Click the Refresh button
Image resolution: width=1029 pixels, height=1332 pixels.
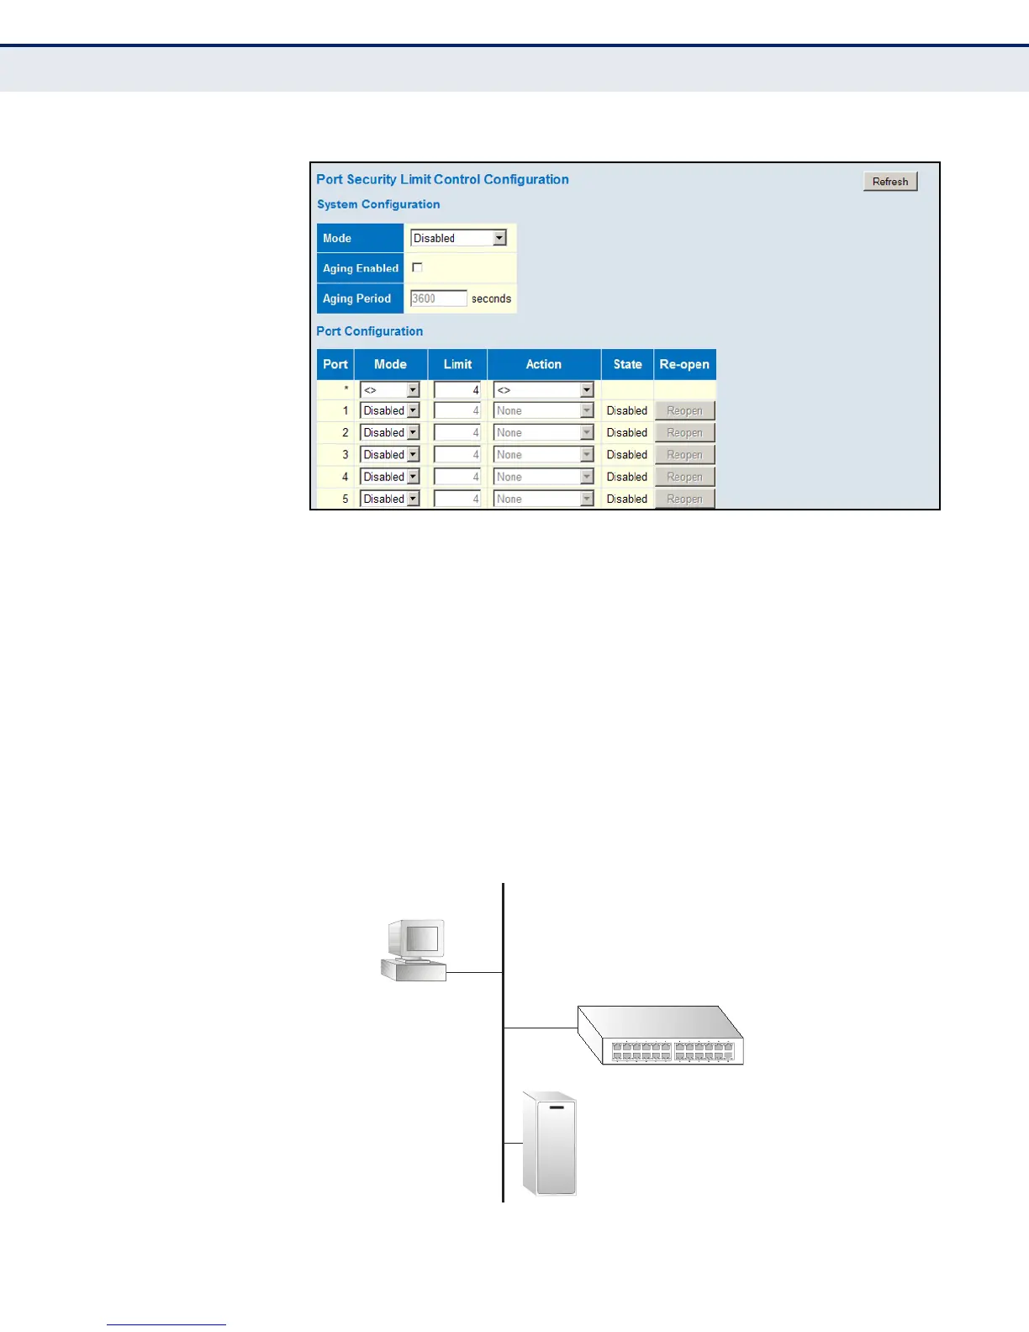coord(890,182)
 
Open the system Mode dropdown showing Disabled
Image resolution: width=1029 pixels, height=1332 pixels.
coord(458,238)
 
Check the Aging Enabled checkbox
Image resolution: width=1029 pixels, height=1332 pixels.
coord(417,267)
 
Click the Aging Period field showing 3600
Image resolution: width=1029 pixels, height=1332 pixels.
coord(438,299)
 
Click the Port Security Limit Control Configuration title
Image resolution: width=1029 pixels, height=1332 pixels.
coord(442,179)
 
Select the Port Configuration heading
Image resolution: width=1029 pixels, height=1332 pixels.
coord(369,331)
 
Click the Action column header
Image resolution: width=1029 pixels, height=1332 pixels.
coord(543,364)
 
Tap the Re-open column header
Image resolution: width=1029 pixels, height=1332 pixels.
coord(684,364)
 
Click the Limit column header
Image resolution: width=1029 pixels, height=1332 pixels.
coord(457,364)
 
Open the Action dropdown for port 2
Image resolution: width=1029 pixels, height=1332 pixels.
coord(543,433)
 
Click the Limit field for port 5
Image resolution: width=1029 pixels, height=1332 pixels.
coord(457,499)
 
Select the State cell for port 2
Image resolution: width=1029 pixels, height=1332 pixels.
coord(627,433)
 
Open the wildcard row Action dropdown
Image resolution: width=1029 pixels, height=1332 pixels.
coord(543,390)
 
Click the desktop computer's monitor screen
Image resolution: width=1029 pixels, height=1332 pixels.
coord(422,938)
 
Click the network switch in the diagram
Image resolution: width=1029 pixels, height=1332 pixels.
coord(661,1036)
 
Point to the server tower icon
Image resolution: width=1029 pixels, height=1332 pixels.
coord(550,1144)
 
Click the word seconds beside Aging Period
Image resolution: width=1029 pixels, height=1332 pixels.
coord(491,299)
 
